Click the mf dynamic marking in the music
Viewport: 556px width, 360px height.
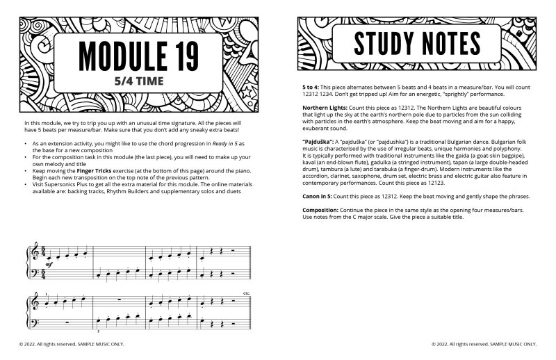click(48, 265)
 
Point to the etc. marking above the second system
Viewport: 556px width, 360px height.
click(247, 293)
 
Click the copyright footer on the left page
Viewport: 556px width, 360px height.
click(72, 343)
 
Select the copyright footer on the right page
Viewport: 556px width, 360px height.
click(484, 343)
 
